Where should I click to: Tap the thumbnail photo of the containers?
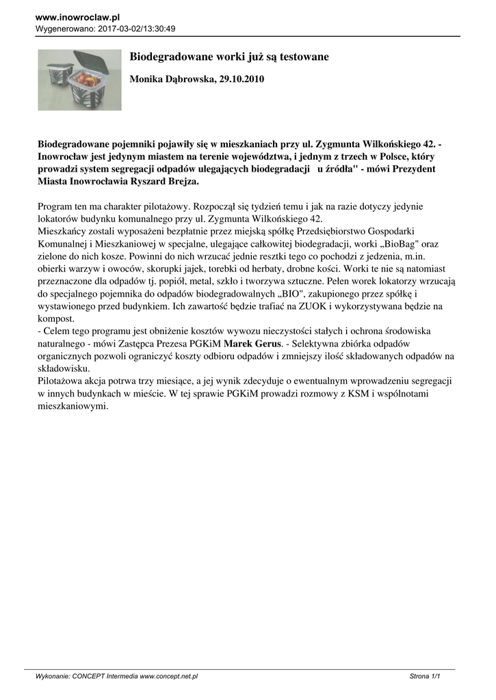(79, 80)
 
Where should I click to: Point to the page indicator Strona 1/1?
(424, 676)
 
